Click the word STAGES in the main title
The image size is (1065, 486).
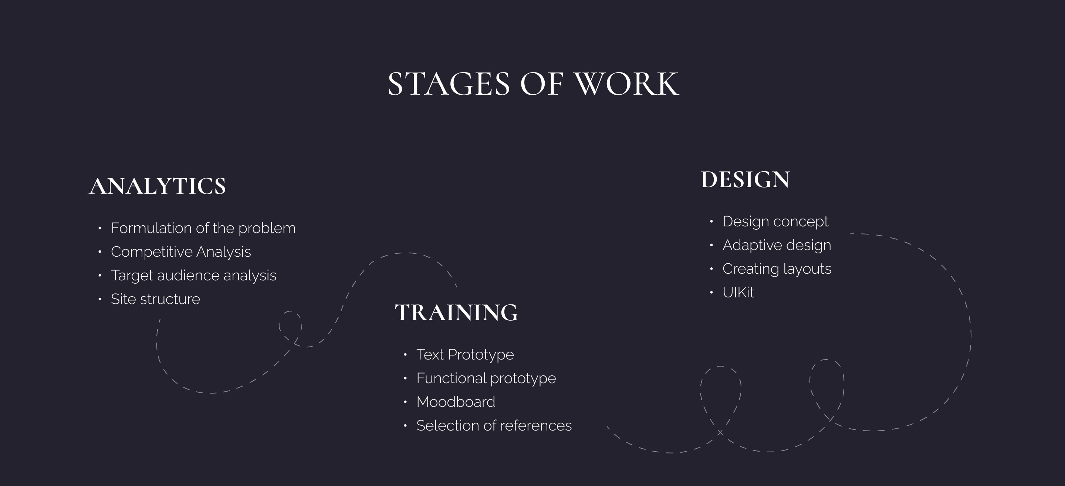click(x=449, y=84)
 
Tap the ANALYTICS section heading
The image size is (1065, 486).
click(x=158, y=186)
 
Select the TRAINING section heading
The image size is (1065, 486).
click(x=456, y=313)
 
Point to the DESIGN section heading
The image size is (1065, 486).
click(x=745, y=180)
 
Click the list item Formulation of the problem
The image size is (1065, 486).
click(x=203, y=228)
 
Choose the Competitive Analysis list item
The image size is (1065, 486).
click(x=181, y=252)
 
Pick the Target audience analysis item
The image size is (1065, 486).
click(x=193, y=276)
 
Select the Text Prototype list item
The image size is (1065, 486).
click(x=465, y=355)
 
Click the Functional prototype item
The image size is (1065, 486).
click(x=486, y=378)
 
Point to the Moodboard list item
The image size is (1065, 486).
click(x=456, y=402)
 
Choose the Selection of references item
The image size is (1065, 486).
click(x=494, y=426)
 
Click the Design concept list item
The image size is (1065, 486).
click(x=775, y=222)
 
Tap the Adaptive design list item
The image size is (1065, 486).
click(x=777, y=245)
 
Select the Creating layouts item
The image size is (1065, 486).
click(x=777, y=269)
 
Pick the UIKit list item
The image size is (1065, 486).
click(x=738, y=293)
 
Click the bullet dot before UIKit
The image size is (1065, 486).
click(x=711, y=293)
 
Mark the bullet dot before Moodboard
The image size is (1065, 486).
click(x=405, y=402)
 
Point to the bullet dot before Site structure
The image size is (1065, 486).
click(x=99, y=299)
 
